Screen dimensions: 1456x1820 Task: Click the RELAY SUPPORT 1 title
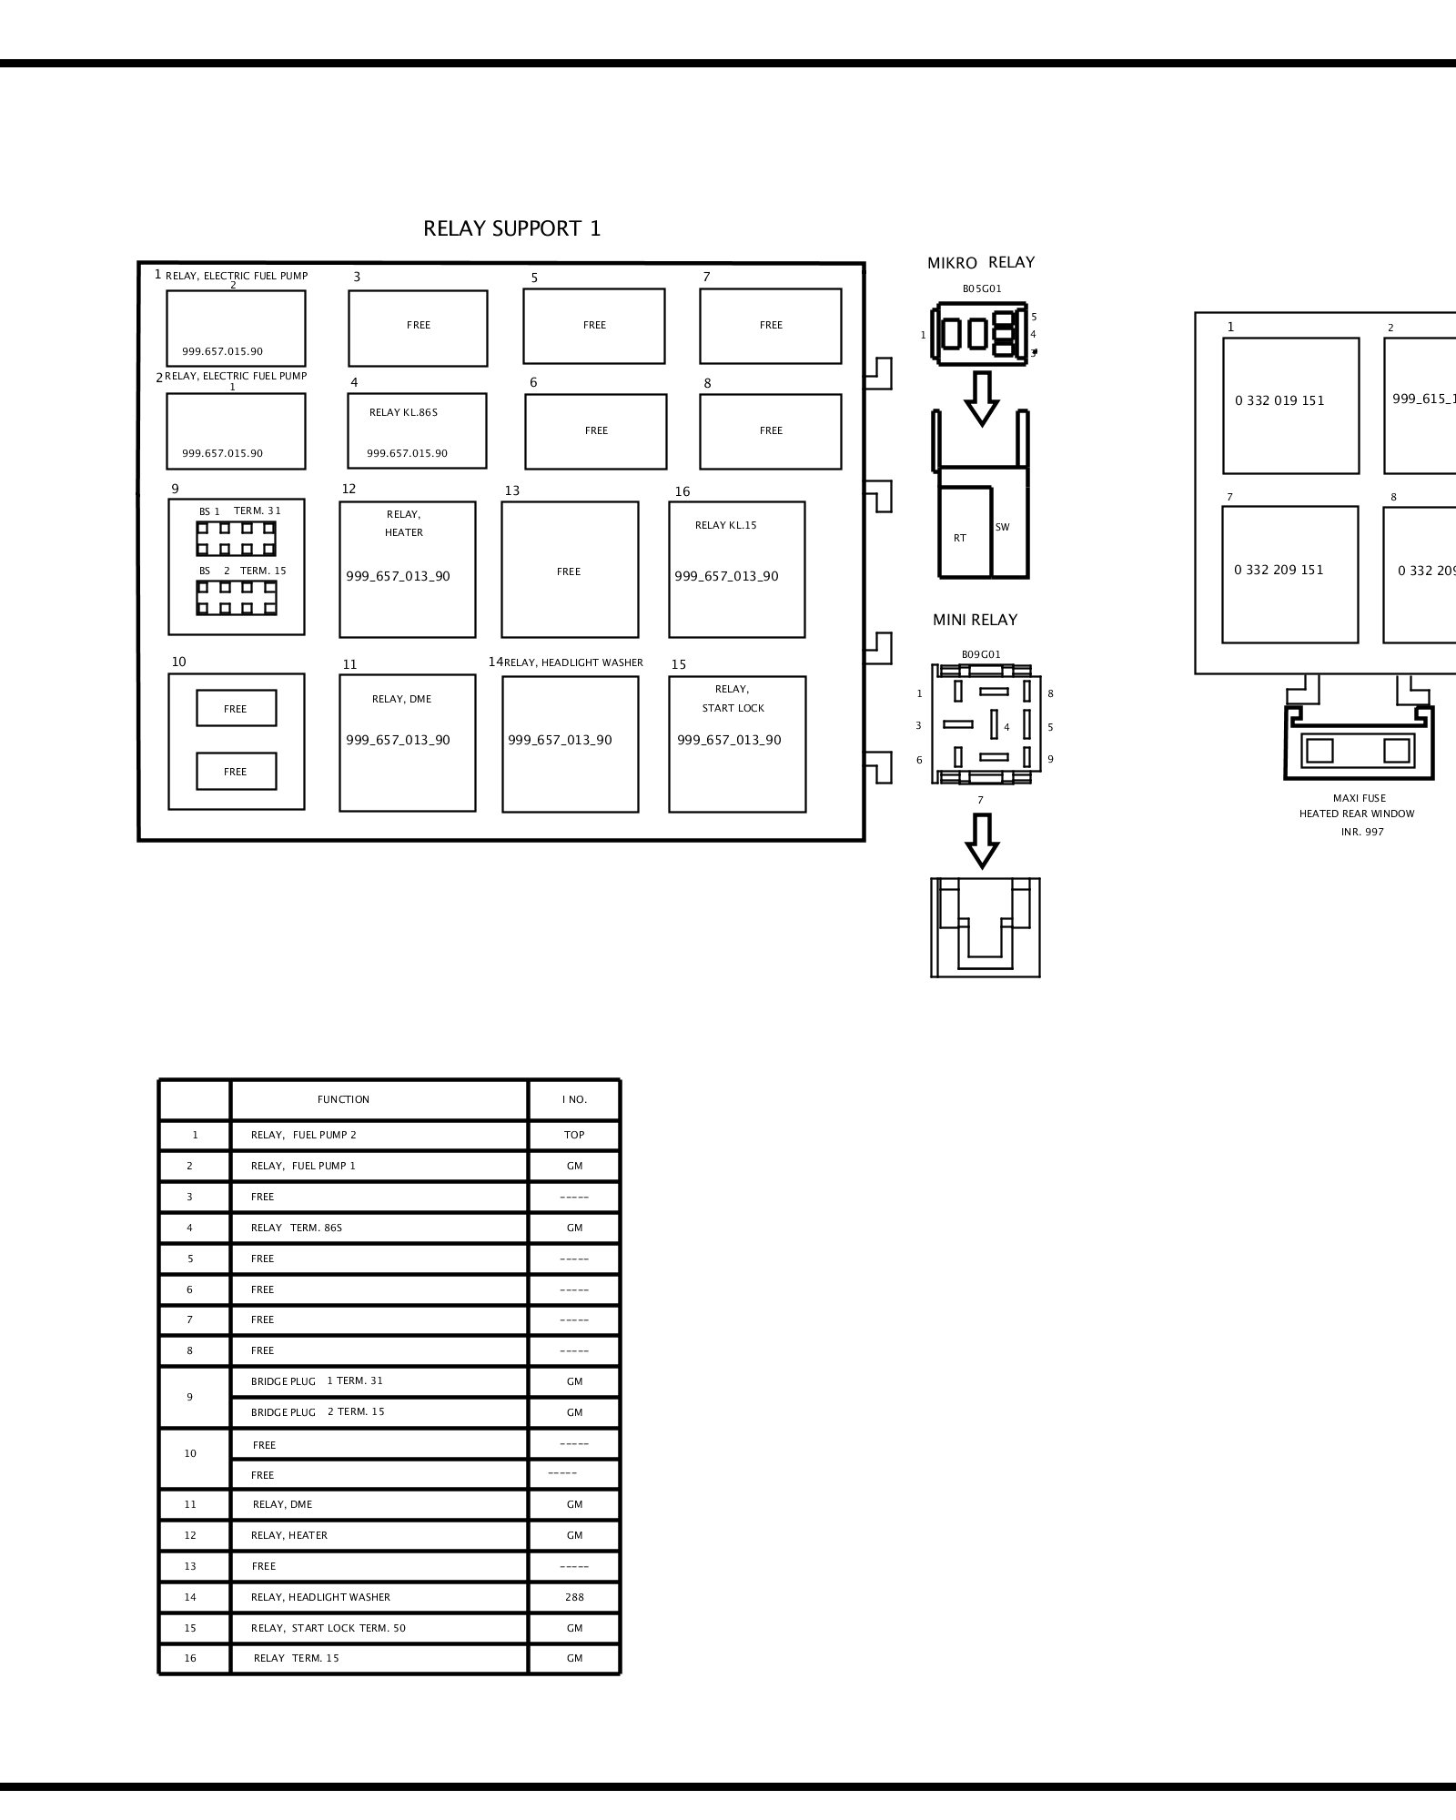click(x=511, y=228)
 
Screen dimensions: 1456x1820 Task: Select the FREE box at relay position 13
click(x=570, y=570)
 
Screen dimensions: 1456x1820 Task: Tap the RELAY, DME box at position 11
click(x=408, y=743)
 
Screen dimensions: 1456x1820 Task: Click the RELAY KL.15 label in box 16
click(x=725, y=525)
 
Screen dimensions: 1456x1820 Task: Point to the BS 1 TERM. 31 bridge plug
click(x=237, y=539)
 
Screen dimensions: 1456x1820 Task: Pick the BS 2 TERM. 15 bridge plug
click(x=237, y=598)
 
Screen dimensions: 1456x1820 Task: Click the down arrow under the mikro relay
click(x=981, y=398)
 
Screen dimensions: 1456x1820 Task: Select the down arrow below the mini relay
click(x=981, y=841)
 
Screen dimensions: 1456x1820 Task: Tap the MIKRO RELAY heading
click(x=981, y=262)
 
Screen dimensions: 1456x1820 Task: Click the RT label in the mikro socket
click(x=960, y=538)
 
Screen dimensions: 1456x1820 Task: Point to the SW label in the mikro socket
click(x=1003, y=527)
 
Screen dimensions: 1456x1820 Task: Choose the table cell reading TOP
click(x=574, y=1135)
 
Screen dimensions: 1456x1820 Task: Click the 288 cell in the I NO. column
click(x=574, y=1596)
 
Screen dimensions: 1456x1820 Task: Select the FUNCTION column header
click(x=343, y=1099)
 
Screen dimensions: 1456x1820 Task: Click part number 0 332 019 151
click(x=1279, y=400)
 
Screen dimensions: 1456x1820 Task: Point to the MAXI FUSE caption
click(x=1360, y=798)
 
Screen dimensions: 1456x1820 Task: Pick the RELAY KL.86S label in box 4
click(x=403, y=412)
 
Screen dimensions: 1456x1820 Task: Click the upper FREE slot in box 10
click(x=237, y=708)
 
